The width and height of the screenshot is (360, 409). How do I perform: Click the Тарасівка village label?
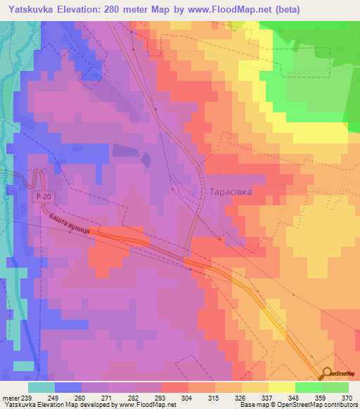click(236, 191)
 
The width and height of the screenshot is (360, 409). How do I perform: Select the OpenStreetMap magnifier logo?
click(328, 373)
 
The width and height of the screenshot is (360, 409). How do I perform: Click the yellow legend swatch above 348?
click(282, 387)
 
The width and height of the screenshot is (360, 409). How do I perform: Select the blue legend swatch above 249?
click(68, 387)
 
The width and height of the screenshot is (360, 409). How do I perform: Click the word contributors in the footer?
click(338, 405)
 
